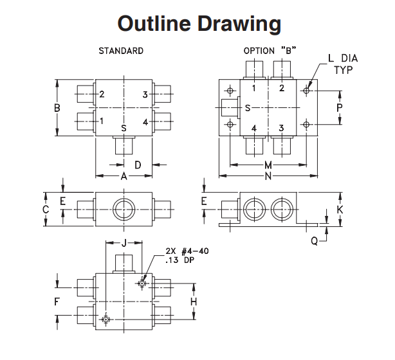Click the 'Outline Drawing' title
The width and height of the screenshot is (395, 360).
pos(199,24)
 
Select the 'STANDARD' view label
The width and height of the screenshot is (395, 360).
pos(121,51)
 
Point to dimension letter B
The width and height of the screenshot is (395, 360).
pos(57,108)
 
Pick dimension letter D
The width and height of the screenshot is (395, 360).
pos(138,165)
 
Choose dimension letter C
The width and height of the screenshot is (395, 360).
pos(45,210)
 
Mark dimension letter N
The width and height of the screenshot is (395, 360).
pos(268,175)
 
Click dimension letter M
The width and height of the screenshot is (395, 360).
pos(268,165)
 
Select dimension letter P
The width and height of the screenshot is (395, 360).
pos(340,107)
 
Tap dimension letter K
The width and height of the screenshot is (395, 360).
pos(340,210)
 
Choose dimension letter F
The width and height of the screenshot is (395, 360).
pos(57,300)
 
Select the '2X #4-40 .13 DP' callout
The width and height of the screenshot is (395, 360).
pos(178,256)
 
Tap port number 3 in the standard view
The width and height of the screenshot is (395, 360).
pos(145,94)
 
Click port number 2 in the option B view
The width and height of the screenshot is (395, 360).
pos(282,89)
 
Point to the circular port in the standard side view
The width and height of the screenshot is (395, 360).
pos(123,210)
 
